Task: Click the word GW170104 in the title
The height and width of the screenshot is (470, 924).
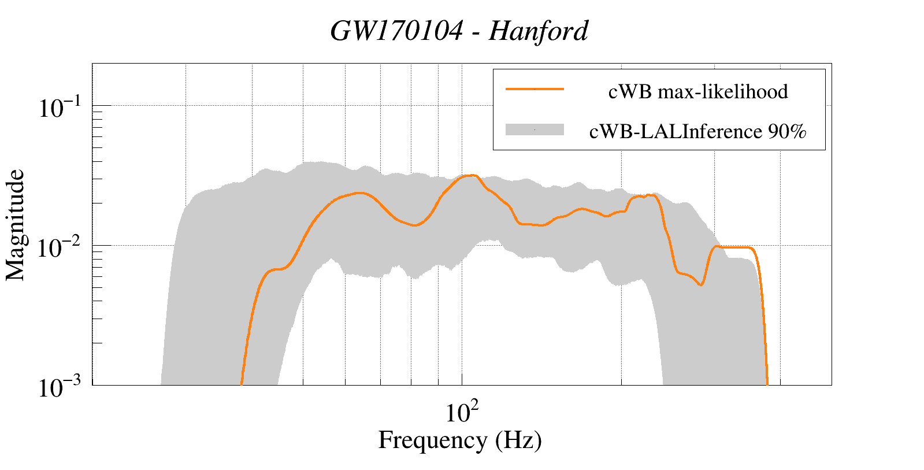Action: pos(396,31)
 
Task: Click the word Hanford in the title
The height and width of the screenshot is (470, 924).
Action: pos(539,31)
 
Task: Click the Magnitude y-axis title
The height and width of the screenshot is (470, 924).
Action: pos(16,225)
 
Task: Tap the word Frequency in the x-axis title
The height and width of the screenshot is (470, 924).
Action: pos(433,441)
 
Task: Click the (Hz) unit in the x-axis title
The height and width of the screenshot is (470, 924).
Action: pos(518,441)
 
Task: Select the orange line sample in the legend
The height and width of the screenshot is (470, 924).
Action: pos(535,89)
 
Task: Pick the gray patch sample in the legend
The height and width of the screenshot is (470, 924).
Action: pos(535,130)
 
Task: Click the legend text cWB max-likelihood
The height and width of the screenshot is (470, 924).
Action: pos(698,91)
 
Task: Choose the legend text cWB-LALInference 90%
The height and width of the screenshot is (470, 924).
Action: pos(697,132)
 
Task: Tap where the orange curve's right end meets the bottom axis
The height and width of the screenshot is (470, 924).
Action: pos(767,384)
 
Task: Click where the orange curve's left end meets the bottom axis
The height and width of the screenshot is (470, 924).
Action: pos(241,384)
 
